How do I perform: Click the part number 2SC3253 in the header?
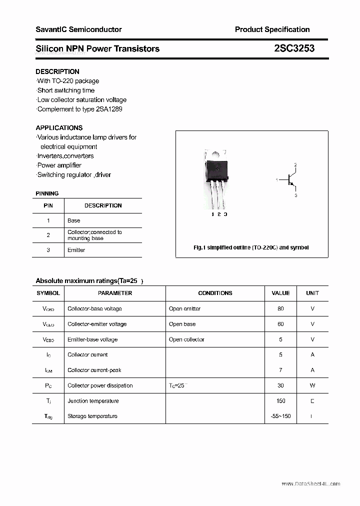(x=294, y=48)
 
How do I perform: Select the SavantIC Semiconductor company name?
(x=78, y=29)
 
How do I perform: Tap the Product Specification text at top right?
(x=272, y=29)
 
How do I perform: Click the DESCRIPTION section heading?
(x=57, y=71)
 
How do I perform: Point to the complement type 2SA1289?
(x=109, y=109)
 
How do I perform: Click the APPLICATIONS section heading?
(x=59, y=127)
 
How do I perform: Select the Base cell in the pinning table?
(x=73, y=220)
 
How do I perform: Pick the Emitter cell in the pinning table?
(x=76, y=250)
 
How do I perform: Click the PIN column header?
(x=48, y=205)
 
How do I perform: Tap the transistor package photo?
(x=217, y=179)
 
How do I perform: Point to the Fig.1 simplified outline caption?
(x=251, y=247)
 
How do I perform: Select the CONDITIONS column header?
(x=215, y=293)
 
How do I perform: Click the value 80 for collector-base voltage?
(x=280, y=308)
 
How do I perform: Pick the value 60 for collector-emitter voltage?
(x=280, y=324)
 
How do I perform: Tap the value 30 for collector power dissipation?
(x=280, y=385)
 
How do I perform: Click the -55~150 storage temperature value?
(x=280, y=416)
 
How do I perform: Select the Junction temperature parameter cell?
(x=93, y=401)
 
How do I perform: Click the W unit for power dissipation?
(x=312, y=385)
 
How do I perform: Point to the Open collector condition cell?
(x=186, y=339)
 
